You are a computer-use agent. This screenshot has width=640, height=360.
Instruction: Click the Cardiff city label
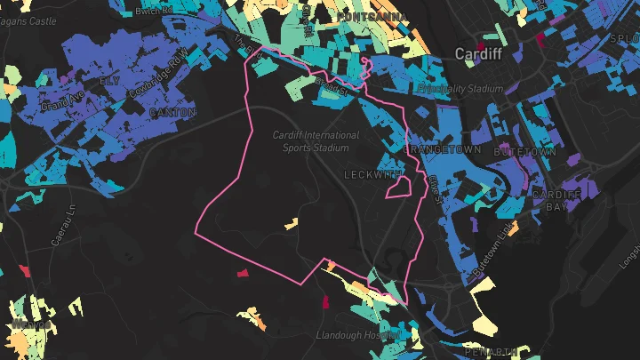[x=478, y=54]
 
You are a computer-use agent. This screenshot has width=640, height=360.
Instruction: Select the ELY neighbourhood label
[x=108, y=81]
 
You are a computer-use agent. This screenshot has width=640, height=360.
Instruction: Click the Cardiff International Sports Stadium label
[x=316, y=141]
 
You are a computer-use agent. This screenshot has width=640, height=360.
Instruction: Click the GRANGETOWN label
[x=442, y=150]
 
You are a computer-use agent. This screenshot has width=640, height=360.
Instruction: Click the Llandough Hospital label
[x=356, y=335]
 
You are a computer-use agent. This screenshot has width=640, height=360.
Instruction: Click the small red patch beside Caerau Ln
[x=25, y=270]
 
